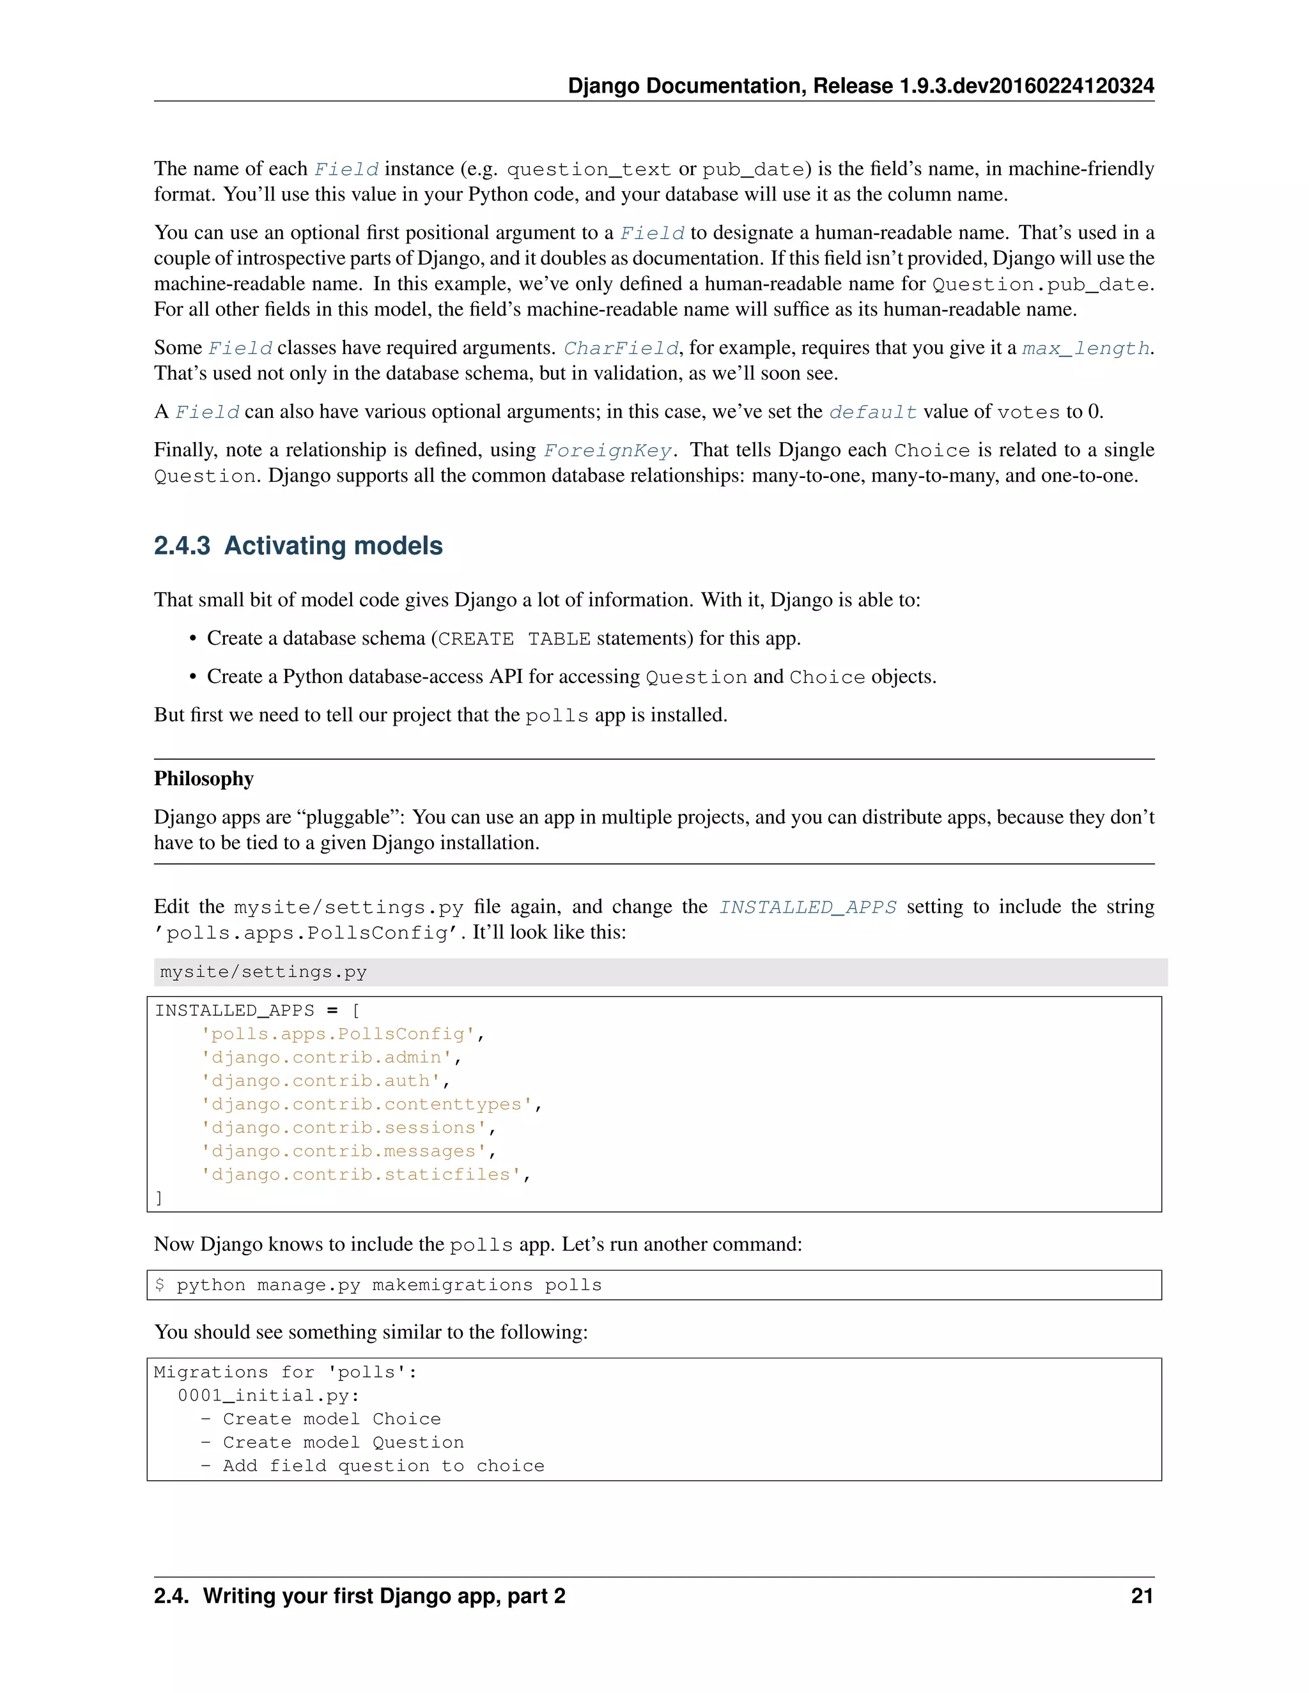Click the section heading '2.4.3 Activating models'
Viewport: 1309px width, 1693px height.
tap(298, 546)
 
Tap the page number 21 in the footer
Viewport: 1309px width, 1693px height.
tap(1142, 1596)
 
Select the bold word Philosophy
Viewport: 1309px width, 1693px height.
tap(203, 778)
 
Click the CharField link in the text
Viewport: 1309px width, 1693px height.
tap(621, 348)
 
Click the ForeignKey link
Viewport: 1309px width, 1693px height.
tap(607, 450)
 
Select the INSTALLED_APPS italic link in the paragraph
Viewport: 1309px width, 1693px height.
tap(807, 907)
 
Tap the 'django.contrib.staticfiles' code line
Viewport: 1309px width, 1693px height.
tap(364, 1174)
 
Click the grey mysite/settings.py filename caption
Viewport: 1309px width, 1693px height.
tap(263, 972)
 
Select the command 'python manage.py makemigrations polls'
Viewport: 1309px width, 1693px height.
tap(389, 1285)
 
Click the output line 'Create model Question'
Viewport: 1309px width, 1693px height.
tap(343, 1442)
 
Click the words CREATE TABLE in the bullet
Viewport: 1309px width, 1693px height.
tap(514, 639)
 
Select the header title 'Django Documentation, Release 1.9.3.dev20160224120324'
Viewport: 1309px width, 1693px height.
tap(861, 85)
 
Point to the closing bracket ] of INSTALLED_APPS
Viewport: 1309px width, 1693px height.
tap(159, 1199)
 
